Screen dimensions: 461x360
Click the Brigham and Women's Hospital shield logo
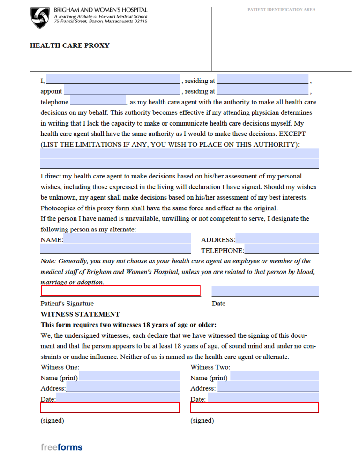[40, 18]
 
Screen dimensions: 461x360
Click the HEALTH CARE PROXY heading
[69, 45]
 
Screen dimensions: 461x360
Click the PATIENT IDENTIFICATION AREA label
[281, 10]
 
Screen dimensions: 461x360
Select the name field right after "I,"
[112, 79]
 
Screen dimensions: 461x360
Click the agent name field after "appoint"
[121, 90]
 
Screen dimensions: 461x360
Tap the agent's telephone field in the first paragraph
[97, 101]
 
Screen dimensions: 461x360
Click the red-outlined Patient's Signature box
[120, 291]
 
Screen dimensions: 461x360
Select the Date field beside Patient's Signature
[265, 291]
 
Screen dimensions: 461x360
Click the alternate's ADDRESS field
[277, 238]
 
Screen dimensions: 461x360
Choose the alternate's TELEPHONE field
[281, 249]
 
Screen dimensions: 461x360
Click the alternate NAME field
[127, 238]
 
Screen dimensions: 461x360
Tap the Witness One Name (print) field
[129, 376]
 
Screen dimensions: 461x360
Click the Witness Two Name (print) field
[274, 376]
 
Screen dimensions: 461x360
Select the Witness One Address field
[123, 387]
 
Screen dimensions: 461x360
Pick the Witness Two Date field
[262, 398]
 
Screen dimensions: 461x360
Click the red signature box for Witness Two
[254, 408]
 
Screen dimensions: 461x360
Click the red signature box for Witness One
[110, 408]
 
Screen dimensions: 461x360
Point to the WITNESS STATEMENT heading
[80, 314]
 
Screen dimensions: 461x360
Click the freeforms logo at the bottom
[61, 447]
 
